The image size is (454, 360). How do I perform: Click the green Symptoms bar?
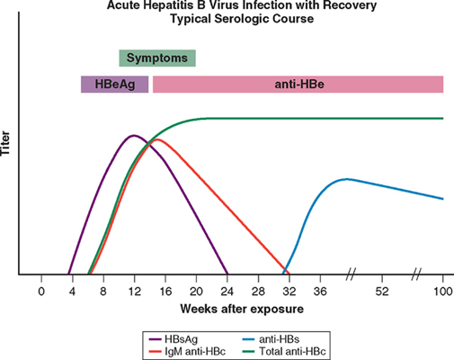click(x=157, y=58)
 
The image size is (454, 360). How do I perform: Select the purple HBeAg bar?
click(x=115, y=85)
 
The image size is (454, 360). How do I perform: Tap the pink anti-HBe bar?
click(x=298, y=85)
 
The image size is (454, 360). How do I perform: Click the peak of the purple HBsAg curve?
click(x=133, y=136)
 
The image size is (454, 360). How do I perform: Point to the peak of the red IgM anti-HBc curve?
click(x=156, y=139)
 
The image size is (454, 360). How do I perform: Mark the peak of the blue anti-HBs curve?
click(x=347, y=179)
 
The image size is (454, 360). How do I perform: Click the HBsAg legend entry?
click(x=174, y=339)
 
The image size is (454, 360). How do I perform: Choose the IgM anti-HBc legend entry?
click(x=187, y=351)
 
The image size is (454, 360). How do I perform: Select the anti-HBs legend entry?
click(x=271, y=339)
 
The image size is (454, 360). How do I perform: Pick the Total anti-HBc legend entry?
click(x=283, y=351)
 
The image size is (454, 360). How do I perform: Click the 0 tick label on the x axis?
click(x=41, y=292)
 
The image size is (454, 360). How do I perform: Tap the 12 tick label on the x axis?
click(x=135, y=292)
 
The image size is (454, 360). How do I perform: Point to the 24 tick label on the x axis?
click(x=227, y=292)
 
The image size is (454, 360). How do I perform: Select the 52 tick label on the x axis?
click(x=382, y=292)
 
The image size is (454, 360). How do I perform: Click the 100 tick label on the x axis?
click(x=443, y=292)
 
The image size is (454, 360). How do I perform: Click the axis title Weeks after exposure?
click(x=242, y=309)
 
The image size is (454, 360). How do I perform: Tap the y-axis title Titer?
click(x=5, y=143)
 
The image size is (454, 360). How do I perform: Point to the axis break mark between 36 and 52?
click(x=351, y=274)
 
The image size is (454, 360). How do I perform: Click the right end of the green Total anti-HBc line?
click(x=443, y=119)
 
